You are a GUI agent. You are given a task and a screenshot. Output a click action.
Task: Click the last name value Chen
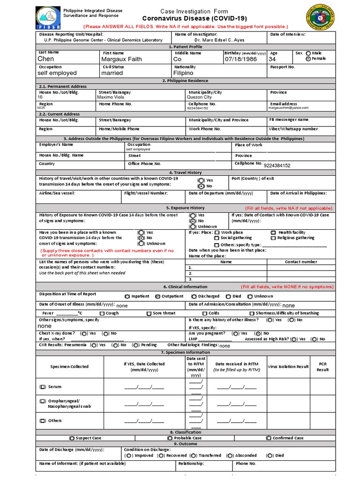[46, 59]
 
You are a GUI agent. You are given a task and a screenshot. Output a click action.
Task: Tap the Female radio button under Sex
[308, 59]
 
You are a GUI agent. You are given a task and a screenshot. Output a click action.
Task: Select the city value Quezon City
[202, 97]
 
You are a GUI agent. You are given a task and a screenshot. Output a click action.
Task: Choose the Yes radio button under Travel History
[201, 180]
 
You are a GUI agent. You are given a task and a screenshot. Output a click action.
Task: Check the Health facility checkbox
[273, 232]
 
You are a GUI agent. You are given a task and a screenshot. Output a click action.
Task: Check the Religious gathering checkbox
[273, 238]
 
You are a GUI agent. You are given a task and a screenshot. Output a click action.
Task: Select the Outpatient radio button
[157, 296]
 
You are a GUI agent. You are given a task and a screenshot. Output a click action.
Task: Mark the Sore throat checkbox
[149, 314]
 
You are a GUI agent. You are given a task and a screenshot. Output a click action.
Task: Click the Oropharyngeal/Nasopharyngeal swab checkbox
[43, 401]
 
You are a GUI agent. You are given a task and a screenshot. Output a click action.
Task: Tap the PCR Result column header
[323, 367]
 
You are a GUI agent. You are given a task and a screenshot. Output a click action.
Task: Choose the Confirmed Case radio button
[269, 438]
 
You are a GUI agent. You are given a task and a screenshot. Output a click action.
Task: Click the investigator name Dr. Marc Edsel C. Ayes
[216, 40]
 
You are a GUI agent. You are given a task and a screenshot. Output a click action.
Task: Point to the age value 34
[273, 59]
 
